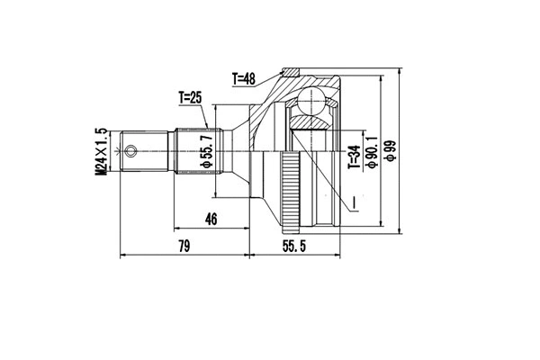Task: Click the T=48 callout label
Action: [243, 79]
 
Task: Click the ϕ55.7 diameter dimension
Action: [206, 149]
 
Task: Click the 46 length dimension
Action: [211, 217]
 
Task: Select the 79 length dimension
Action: [184, 247]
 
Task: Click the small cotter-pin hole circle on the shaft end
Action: [133, 150]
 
